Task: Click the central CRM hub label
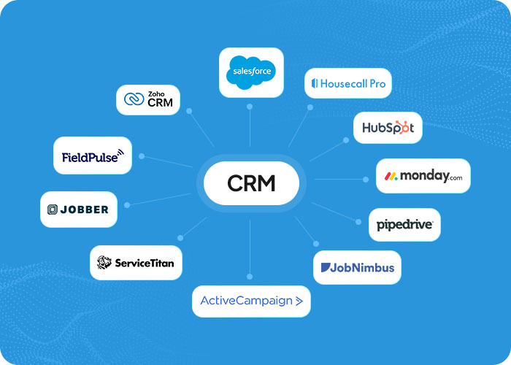click(x=251, y=182)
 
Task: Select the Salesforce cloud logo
click(x=251, y=72)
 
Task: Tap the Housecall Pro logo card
click(x=348, y=83)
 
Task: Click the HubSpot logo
click(x=388, y=128)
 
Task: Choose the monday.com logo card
click(x=423, y=176)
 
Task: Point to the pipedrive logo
click(x=404, y=225)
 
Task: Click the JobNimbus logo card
click(x=358, y=267)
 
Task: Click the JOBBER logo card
click(x=78, y=210)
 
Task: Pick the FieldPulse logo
click(x=93, y=155)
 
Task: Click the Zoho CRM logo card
click(x=148, y=99)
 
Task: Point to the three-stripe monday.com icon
click(x=391, y=177)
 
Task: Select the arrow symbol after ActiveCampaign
click(x=299, y=301)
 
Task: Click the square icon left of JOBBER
click(x=53, y=210)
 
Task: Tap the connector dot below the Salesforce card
click(x=250, y=107)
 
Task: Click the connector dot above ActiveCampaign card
click(x=250, y=276)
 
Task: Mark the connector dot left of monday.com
click(x=365, y=178)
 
